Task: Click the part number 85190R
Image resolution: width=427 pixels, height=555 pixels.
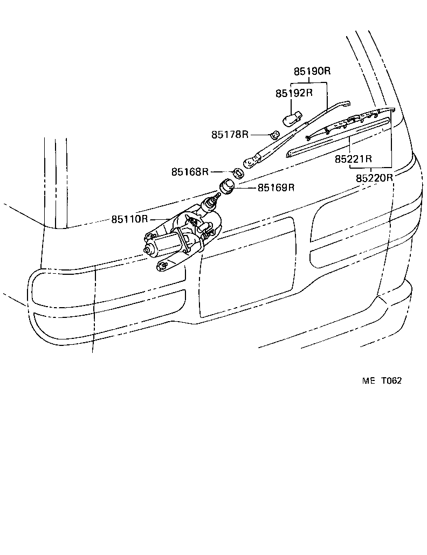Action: click(x=312, y=71)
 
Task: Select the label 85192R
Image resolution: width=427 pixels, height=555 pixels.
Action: click(x=294, y=93)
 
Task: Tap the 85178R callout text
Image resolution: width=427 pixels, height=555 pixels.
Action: click(x=230, y=135)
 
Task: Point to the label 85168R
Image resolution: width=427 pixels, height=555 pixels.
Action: click(x=190, y=172)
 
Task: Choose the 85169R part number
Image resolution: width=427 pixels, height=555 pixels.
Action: click(x=276, y=188)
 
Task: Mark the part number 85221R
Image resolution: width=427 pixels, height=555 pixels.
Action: click(x=354, y=159)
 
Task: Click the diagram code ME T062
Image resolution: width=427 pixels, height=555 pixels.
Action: click(x=382, y=380)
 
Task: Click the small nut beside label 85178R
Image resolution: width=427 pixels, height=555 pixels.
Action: click(x=274, y=135)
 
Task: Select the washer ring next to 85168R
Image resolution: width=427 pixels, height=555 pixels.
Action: click(x=237, y=174)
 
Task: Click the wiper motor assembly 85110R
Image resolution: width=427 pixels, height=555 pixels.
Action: click(x=183, y=237)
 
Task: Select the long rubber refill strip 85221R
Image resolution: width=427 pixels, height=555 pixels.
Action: click(x=337, y=138)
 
